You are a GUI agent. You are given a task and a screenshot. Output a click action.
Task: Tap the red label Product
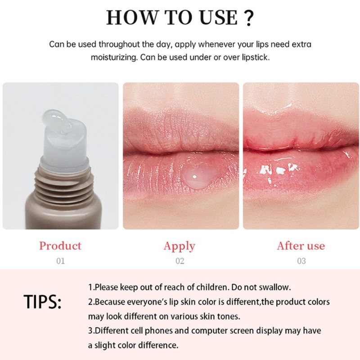point(60,246)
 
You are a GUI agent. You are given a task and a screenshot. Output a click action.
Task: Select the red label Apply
point(180,246)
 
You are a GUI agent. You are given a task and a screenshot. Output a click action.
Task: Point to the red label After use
point(301,246)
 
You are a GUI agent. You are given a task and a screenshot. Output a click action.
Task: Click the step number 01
point(60,261)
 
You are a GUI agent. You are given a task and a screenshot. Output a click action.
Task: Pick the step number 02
point(180,261)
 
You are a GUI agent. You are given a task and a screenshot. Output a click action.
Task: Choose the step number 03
point(301,261)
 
